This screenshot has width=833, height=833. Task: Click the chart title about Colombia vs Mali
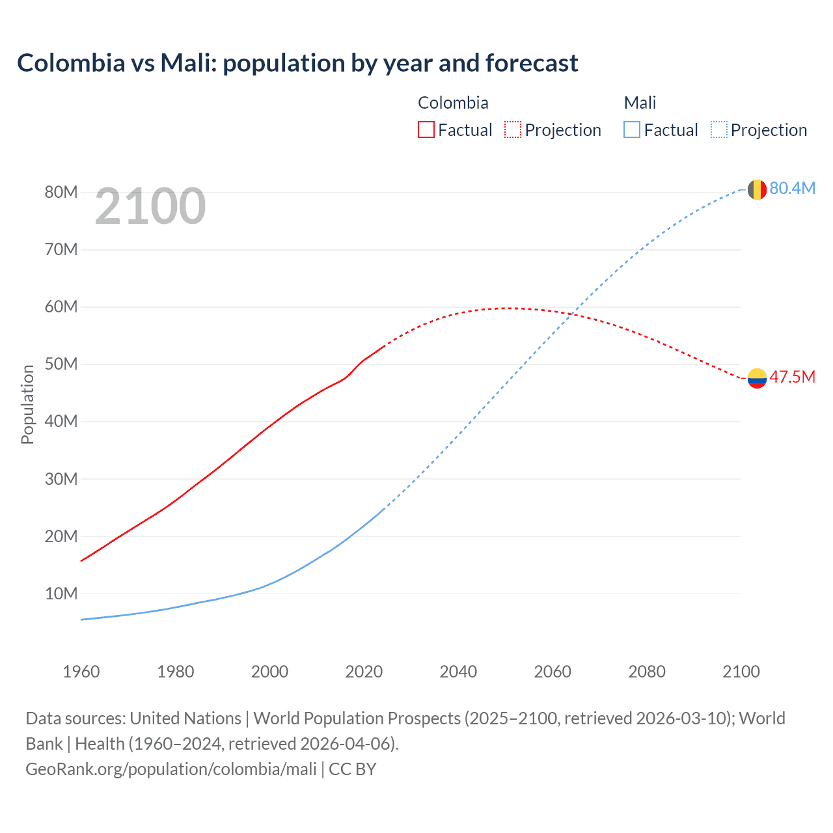(x=297, y=63)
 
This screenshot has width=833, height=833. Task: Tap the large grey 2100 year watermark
(x=150, y=206)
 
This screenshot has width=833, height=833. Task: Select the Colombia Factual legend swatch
(x=426, y=130)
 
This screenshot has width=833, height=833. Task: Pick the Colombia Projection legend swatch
(x=513, y=130)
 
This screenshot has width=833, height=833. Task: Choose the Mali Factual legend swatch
(x=631, y=130)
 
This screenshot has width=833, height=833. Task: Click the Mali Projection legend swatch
(x=719, y=130)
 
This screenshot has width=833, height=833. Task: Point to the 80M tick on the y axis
(x=61, y=192)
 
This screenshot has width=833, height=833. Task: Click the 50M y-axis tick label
(x=61, y=364)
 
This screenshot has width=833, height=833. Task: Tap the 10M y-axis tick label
(x=61, y=594)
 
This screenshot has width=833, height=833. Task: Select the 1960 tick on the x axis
(x=81, y=672)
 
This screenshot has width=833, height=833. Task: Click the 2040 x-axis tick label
(x=458, y=672)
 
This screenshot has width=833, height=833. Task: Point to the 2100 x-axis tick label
(x=741, y=672)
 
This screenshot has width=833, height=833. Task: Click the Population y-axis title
(x=27, y=404)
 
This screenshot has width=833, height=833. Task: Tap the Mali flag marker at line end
(x=757, y=189)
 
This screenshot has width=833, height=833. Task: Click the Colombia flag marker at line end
(x=757, y=378)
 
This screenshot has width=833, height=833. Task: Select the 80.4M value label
(x=792, y=188)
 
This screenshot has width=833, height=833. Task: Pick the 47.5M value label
(x=792, y=377)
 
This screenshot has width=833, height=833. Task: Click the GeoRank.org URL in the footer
(x=171, y=769)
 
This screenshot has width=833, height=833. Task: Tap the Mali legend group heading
(x=640, y=103)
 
